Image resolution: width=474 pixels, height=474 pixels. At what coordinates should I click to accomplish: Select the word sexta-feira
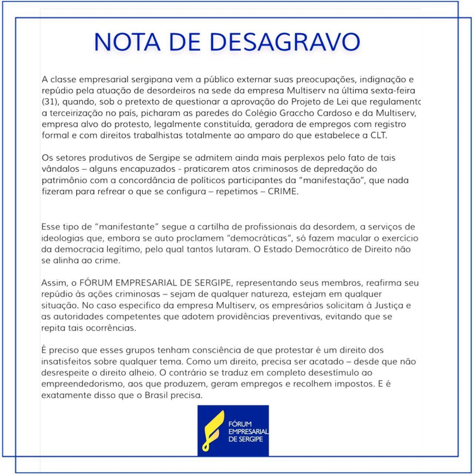393,91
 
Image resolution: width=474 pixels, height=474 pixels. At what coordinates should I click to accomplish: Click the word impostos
351,384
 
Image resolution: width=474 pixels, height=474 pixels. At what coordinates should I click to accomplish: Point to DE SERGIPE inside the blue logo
246,439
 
